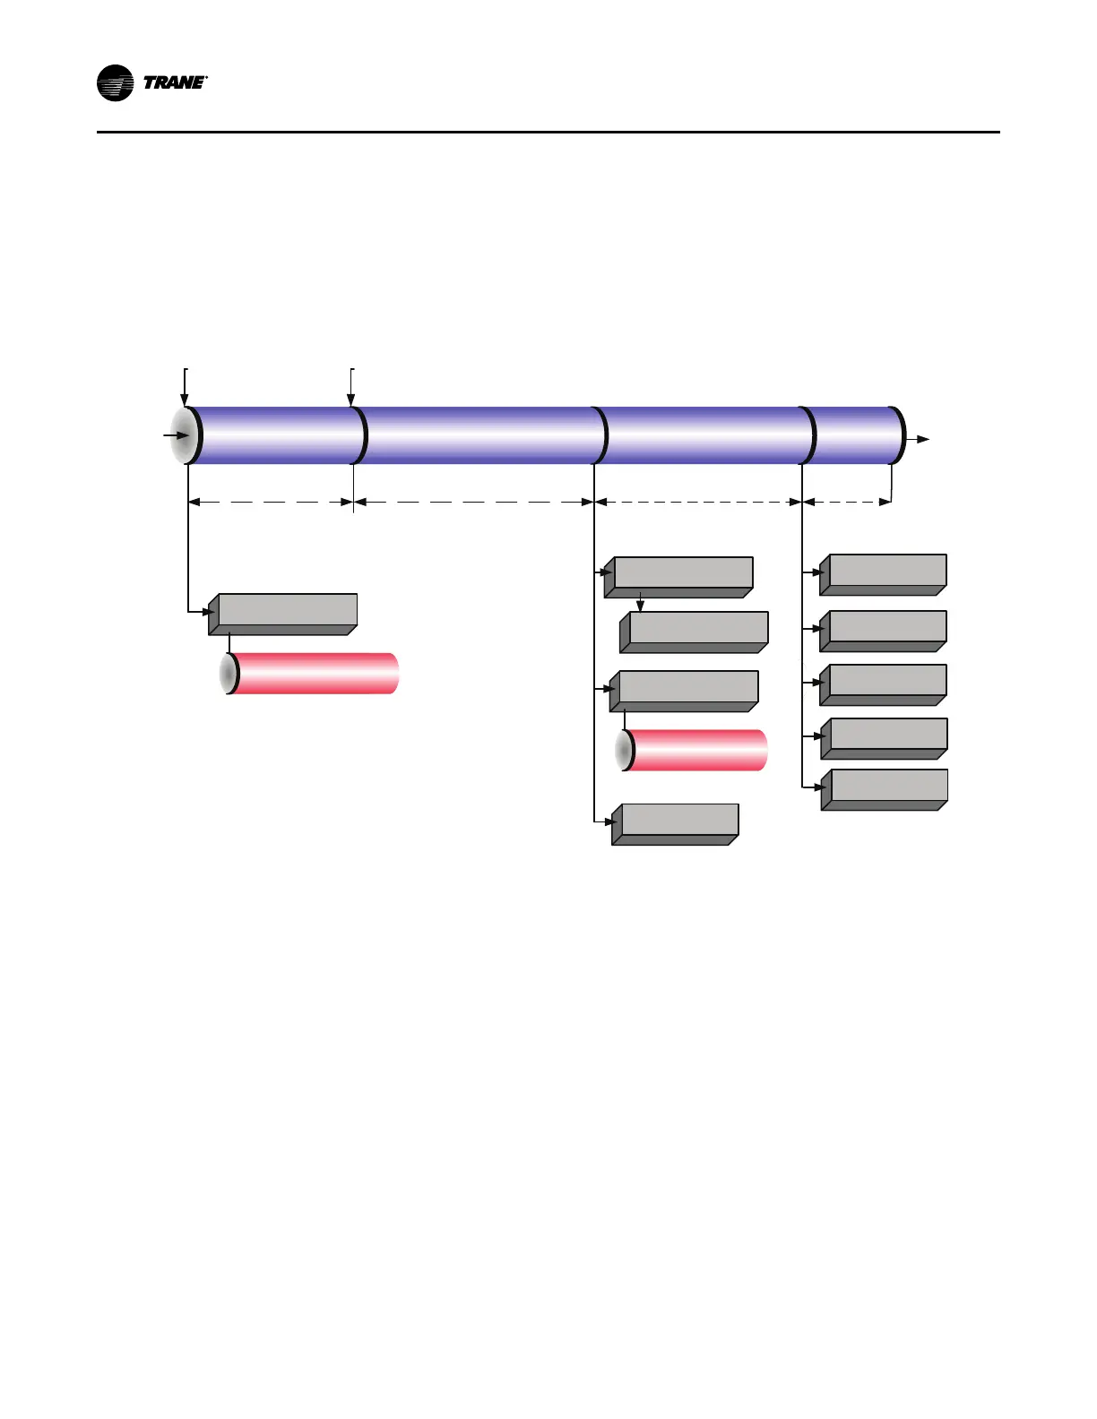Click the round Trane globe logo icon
point(115,83)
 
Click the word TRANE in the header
point(174,83)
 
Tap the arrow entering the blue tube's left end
point(176,435)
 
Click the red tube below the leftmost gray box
point(314,674)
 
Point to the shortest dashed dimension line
point(847,503)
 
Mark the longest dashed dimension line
point(474,503)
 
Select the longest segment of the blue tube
point(479,435)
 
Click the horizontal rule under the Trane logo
point(548,133)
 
